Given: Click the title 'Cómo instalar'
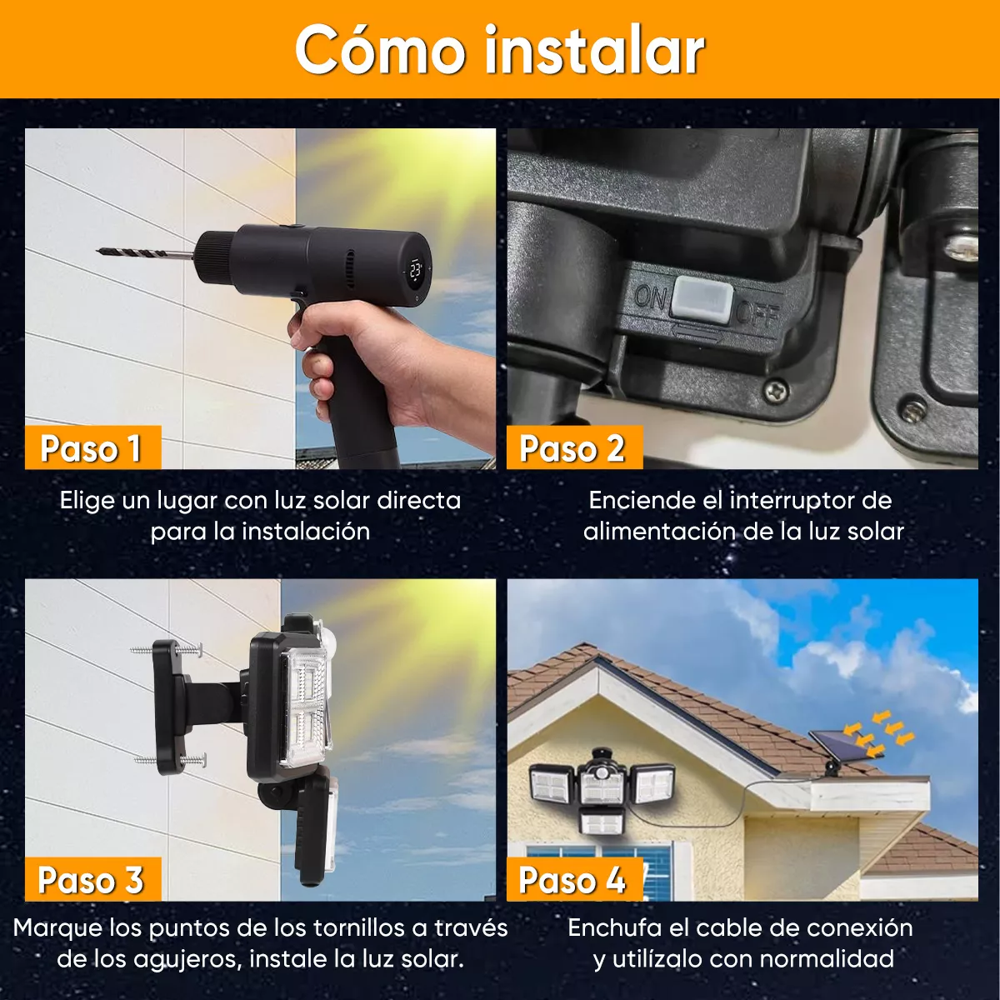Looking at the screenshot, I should [500, 50].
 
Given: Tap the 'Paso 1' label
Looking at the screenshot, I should [91, 448].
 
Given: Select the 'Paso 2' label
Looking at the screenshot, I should [572, 448].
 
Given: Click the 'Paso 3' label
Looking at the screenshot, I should [91, 880].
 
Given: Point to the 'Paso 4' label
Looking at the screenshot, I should [572, 880].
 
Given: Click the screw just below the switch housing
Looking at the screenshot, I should [776, 388].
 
